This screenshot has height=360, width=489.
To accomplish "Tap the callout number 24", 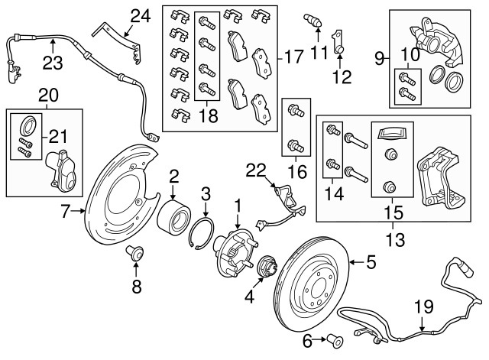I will [x=141, y=15].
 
